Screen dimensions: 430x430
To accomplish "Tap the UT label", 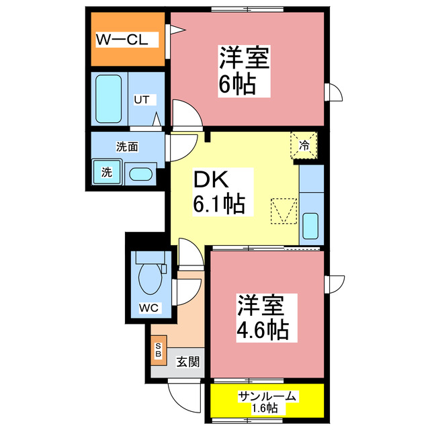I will (141, 100).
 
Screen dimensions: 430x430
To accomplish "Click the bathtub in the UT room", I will (108, 99).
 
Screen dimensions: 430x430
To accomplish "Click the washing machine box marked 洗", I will (106, 171).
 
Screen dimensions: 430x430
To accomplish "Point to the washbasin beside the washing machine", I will (140, 173).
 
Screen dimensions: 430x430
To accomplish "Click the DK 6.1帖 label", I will (219, 191).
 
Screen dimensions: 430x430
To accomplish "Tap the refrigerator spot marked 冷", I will (304, 144).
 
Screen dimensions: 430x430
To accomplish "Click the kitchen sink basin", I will (310, 226).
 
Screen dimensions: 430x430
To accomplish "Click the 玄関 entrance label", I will (188, 362).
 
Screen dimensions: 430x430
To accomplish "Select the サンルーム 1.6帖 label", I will (266, 401).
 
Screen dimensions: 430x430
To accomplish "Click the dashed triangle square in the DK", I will (282, 212).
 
